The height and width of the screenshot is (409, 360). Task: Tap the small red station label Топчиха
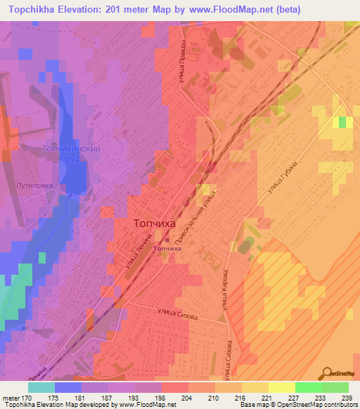167,248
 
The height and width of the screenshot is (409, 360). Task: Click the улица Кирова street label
224,290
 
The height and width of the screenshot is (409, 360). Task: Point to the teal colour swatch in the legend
41,387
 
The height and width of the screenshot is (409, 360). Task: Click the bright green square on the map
342,122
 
